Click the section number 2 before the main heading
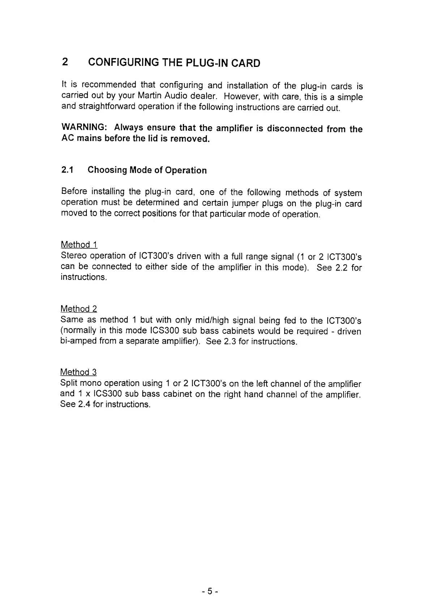(64, 62)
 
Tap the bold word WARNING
(84, 127)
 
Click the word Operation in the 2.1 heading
(186, 170)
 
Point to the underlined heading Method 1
(79, 245)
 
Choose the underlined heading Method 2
(79, 309)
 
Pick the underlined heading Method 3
(78, 372)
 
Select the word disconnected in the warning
(294, 129)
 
